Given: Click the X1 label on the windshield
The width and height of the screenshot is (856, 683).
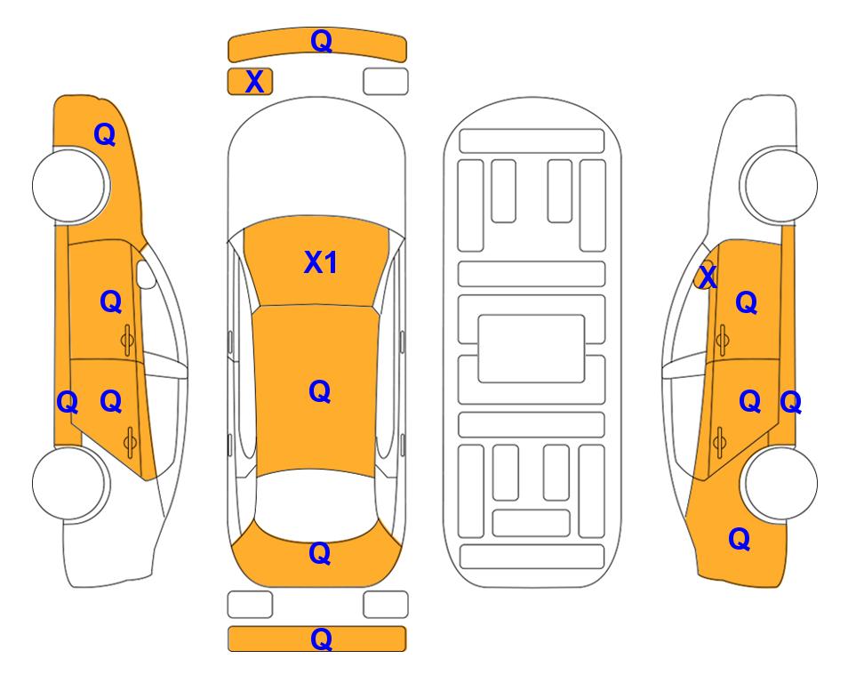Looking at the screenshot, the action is tap(321, 262).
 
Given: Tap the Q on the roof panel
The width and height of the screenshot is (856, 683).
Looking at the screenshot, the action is tap(320, 391).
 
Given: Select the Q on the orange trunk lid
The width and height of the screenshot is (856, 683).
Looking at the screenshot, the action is tap(320, 553).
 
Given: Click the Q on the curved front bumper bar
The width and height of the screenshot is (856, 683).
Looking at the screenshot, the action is tap(322, 41).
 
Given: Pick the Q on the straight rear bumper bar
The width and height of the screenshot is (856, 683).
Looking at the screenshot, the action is tap(322, 639).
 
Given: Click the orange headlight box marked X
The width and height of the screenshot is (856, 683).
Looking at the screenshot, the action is tap(250, 82).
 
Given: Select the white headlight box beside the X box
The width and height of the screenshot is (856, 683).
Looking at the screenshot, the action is tap(386, 82).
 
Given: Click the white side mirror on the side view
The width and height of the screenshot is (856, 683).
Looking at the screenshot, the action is tap(146, 274).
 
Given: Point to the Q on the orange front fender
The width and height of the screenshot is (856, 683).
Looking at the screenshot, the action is tap(105, 134).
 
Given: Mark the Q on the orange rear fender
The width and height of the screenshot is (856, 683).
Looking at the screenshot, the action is tap(740, 539).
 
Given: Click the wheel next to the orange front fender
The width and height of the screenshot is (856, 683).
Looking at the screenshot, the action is tap(70, 186).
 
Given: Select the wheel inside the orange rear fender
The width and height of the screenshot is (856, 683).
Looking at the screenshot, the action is tap(779, 483).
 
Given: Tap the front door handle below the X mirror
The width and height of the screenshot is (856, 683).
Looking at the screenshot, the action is tap(723, 340).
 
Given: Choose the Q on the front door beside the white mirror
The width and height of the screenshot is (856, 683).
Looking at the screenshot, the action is tap(111, 301).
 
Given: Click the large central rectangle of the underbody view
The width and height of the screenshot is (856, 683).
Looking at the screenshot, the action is tap(532, 349).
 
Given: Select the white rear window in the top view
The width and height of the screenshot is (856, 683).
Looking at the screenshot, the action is tap(316, 502).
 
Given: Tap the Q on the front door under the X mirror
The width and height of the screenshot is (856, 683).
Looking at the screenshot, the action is tap(747, 302).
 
